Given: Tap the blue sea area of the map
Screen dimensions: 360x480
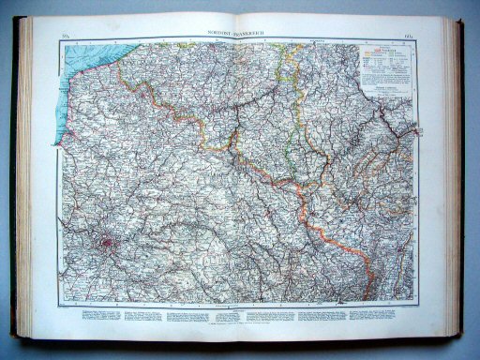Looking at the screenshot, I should pos(75,84).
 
